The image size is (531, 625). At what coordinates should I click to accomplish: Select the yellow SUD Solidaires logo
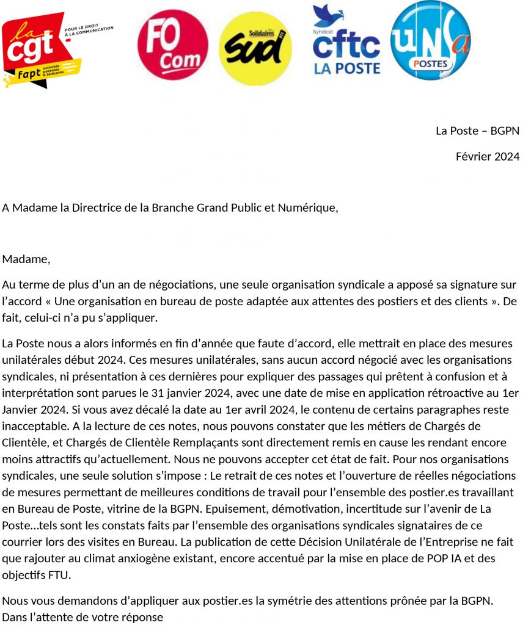[255, 48]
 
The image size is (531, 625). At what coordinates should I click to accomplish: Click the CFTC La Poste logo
[346, 42]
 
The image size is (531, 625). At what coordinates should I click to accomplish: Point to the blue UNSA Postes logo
[431, 40]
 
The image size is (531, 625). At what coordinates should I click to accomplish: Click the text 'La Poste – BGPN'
[477, 131]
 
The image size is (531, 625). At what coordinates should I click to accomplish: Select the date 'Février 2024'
[487, 157]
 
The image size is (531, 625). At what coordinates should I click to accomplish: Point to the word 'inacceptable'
[32, 426]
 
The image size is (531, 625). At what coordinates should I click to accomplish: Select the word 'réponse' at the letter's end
[144, 617]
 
